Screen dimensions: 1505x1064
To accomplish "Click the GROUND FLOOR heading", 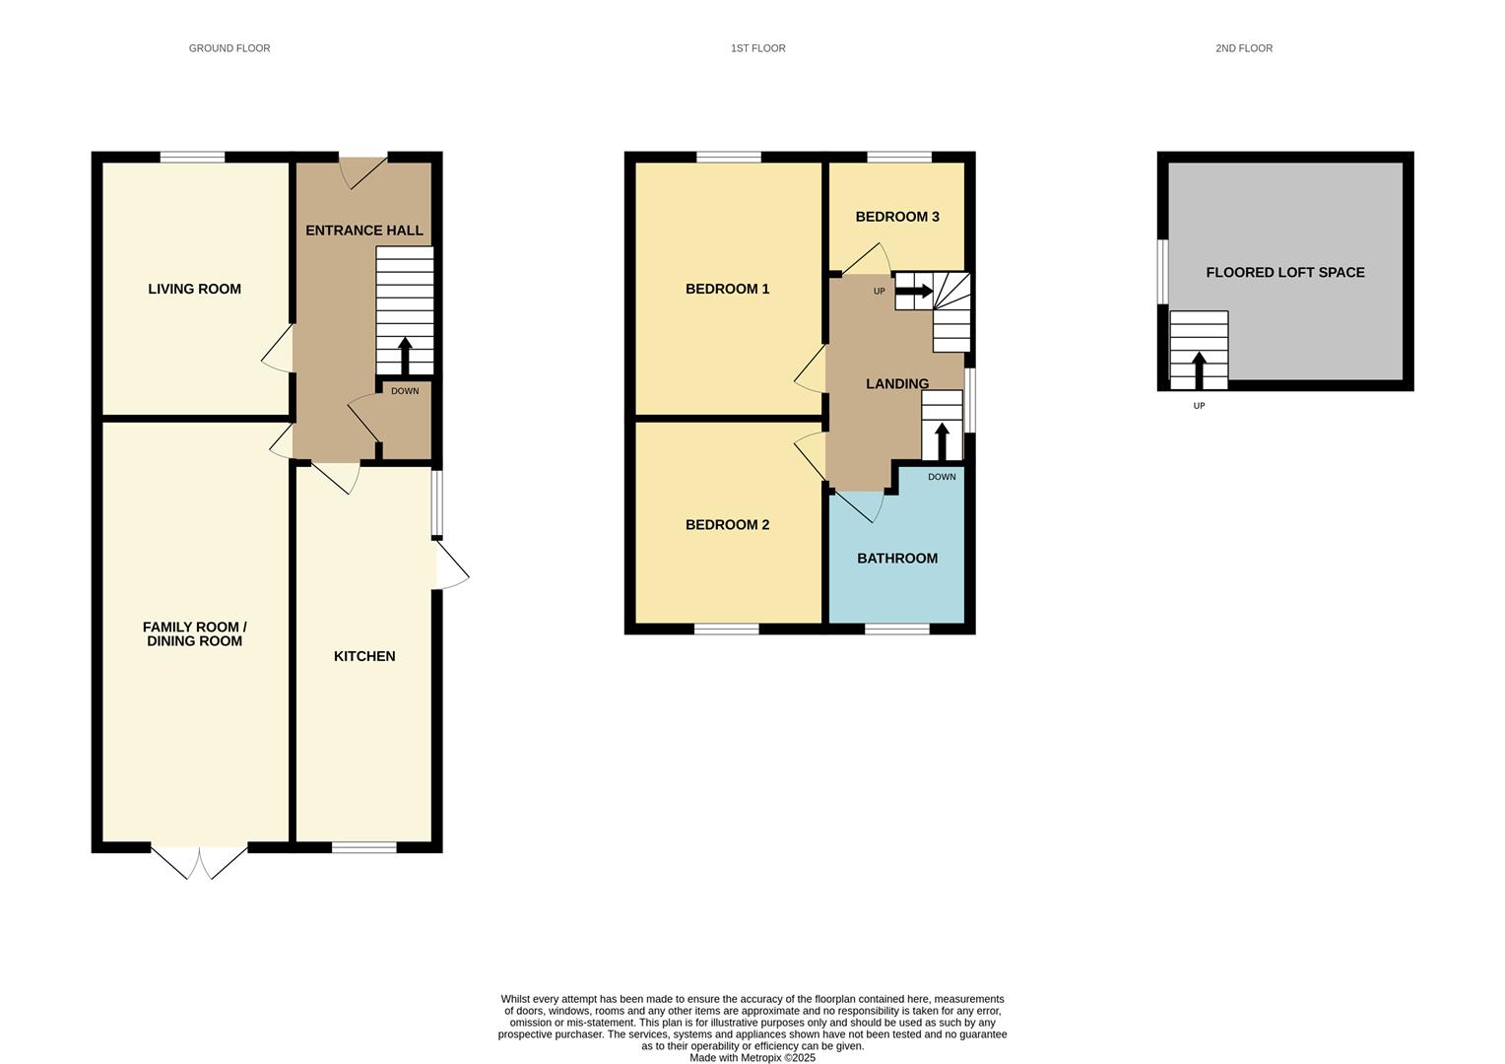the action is click(x=229, y=48).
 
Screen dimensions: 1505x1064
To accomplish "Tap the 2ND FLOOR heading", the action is click(x=1244, y=48).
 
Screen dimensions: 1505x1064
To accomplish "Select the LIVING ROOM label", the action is click(x=194, y=289).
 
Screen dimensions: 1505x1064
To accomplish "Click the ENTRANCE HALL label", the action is click(x=364, y=231).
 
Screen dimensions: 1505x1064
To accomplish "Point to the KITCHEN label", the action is click(x=364, y=656).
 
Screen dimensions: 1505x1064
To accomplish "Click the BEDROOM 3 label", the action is click(x=897, y=217).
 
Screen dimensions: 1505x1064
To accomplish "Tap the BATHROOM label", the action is click(x=897, y=559).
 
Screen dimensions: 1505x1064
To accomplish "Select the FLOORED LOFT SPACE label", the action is click(x=1284, y=272).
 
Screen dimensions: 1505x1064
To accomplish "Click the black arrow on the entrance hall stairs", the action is click(x=405, y=357).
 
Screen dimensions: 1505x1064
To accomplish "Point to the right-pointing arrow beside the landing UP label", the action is click(x=914, y=291).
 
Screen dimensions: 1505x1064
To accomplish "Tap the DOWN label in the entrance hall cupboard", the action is click(x=405, y=391).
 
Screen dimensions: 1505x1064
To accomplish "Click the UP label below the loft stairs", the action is click(x=1199, y=406).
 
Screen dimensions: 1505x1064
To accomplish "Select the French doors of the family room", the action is click(x=199, y=862).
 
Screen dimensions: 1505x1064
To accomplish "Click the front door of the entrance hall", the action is click(x=363, y=172).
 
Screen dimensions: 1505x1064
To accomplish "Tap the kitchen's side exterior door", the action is click(x=451, y=565).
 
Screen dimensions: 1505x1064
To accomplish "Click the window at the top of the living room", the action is click(x=192, y=158).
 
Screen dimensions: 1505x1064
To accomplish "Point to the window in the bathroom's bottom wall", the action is click(x=897, y=630).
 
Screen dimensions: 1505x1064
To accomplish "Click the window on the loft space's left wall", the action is click(x=1162, y=272).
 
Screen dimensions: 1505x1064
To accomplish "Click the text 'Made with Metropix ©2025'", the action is click(x=752, y=1058).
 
